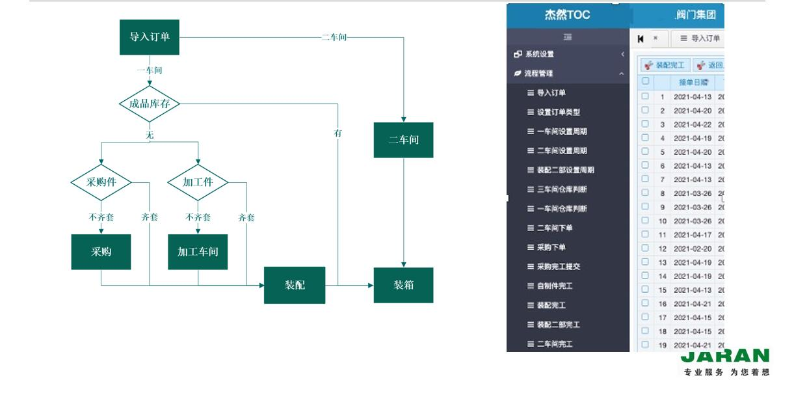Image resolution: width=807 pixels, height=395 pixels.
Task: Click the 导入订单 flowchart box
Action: tap(150, 37)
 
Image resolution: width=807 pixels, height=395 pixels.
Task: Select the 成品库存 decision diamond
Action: tap(150, 103)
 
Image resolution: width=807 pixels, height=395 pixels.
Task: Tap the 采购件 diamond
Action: tap(101, 182)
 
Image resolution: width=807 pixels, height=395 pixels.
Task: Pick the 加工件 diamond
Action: tap(198, 182)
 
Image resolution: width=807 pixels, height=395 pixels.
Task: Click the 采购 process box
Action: tap(101, 252)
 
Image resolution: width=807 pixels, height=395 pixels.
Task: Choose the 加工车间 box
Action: tap(198, 252)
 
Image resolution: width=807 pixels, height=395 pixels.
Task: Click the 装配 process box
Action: tap(295, 285)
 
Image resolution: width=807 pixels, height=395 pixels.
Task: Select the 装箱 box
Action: tap(403, 285)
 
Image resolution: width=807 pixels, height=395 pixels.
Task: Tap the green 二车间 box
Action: tap(403, 140)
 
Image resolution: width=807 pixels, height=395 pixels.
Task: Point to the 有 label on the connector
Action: tap(338, 133)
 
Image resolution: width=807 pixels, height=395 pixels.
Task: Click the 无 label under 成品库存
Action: tap(150, 135)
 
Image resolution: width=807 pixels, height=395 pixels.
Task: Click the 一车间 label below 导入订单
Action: tap(150, 70)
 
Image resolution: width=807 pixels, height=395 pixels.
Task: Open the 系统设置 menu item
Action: tap(540, 54)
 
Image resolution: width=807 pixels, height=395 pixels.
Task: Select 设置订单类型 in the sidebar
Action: tap(558, 112)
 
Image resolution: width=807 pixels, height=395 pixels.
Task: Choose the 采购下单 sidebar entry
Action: tap(551, 247)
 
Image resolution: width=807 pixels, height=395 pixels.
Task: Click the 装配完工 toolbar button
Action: tap(665, 65)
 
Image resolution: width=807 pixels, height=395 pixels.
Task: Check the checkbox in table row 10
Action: tap(645, 221)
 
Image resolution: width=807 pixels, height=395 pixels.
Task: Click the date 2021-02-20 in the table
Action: tap(693, 249)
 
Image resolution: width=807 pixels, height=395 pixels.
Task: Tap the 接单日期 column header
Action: tap(695, 83)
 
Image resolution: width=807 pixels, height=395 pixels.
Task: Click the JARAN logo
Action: tap(725, 357)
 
